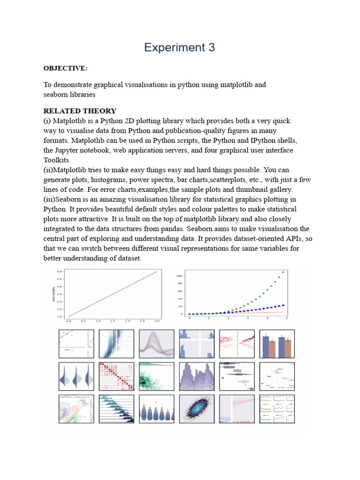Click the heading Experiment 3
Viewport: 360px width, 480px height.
(180, 47)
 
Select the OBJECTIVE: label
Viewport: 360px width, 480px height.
(65, 68)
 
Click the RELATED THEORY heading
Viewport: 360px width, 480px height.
(80, 111)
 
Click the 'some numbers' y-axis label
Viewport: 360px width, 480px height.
(54, 293)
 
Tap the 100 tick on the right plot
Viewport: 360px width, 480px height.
(179, 276)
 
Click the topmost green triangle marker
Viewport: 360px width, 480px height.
(283, 272)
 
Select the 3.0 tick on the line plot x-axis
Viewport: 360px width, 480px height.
(157, 322)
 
